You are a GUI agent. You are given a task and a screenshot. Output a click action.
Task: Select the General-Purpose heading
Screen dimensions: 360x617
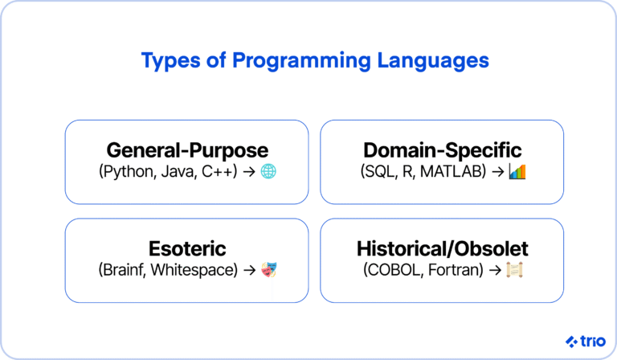click(187, 150)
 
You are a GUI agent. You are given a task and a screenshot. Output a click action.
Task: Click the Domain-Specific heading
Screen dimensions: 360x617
click(442, 150)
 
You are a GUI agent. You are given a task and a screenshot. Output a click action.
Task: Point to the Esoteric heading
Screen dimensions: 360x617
click(187, 248)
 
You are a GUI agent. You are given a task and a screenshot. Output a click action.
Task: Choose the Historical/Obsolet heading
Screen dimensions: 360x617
click(442, 248)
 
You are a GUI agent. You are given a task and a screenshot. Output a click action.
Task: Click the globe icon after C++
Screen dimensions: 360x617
click(269, 171)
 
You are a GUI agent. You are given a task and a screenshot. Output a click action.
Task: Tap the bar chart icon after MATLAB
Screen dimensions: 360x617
click(517, 171)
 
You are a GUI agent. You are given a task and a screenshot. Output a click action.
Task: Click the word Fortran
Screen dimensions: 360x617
click(451, 270)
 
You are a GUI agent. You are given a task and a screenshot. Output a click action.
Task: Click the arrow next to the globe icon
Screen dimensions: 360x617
click(249, 172)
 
